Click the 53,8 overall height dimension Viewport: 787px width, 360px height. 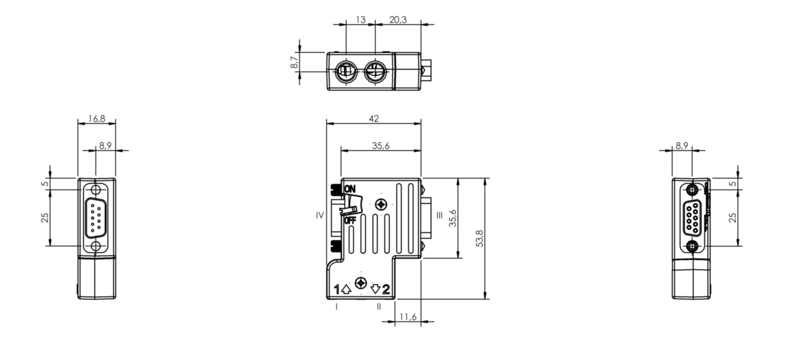click(x=480, y=238)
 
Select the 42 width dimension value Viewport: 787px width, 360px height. click(x=374, y=119)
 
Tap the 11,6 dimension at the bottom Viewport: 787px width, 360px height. click(x=408, y=316)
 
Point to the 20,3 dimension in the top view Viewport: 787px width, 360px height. click(x=398, y=19)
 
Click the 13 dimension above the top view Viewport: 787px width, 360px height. click(x=360, y=19)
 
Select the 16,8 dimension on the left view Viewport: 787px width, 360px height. click(x=96, y=119)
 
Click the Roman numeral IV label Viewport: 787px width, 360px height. click(x=320, y=215)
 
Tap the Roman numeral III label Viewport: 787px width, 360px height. click(x=439, y=215)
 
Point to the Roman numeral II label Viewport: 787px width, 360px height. click(x=379, y=306)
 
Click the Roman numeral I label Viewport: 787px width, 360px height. click(x=337, y=306)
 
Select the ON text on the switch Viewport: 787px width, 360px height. click(x=350, y=189)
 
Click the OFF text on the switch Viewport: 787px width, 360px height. click(x=350, y=220)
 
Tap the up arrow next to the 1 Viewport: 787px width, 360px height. click(x=346, y=289)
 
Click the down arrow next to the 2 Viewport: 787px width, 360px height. click(x=375, y=289)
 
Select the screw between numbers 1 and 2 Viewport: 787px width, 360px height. click(x=360, y=283)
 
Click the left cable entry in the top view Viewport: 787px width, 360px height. click(x=346, y=71)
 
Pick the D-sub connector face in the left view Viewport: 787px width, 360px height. click(x=96, y=217)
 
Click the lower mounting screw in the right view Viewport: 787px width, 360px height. click(x=692, y=246)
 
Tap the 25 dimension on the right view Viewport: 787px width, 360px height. click(x=733, y=217)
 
